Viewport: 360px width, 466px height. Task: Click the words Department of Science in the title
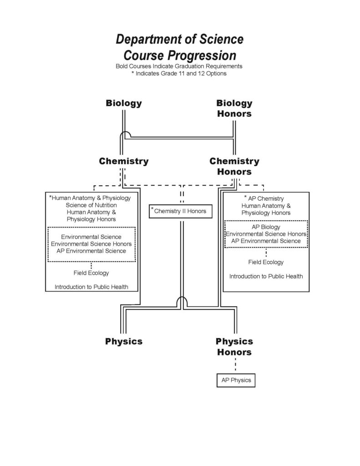(180, 39)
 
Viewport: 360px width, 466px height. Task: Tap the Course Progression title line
(180, 55)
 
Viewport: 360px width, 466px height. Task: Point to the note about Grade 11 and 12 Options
(179, 73)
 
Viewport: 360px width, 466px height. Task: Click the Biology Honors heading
(234, 108)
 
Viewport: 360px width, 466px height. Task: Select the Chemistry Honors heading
(234, 166)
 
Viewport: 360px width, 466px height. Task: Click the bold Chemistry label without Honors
(124, 161)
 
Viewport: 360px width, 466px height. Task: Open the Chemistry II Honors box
(180, 211)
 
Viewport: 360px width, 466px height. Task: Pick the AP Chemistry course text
(266, 198)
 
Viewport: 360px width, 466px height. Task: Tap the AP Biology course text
(266, 227)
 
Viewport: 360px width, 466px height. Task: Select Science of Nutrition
(91, 205)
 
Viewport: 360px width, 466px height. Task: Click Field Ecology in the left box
(91, 273)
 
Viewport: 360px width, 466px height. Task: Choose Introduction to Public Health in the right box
(266, 276)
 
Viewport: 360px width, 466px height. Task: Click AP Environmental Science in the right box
(266, 241)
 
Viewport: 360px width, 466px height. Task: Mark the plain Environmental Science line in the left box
(91, 237)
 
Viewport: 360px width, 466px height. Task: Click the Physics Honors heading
(234, 346)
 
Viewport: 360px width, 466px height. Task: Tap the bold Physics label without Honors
(124, 341)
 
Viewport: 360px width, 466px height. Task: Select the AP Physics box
(236, 380)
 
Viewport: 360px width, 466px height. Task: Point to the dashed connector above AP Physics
(235, 365)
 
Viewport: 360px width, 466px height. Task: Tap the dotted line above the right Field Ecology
(266, 253)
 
